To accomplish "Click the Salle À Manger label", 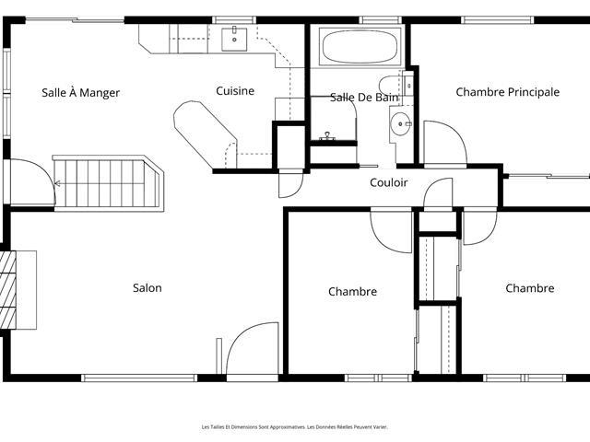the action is click(x=80, y=93).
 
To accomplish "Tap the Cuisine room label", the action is click(x=235, y=91).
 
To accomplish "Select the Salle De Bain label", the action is click(x=364, y=98).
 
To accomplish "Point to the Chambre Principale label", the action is click(x=508, y=92).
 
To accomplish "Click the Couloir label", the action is click(x=389, y=182).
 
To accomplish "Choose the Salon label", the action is click(x=147, y=288).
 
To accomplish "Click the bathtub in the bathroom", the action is click(x=360, y=47).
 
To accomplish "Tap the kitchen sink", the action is click(x=234, y=39).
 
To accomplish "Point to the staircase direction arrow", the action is click(x=57, y=184).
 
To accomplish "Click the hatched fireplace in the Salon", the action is click(x=8, y=290).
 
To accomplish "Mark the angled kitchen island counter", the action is click(x=205, y=134).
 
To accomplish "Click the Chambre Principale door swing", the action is click(x=445, y=143).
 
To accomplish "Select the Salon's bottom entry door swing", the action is click(x=253, y=348).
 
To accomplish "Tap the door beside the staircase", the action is click(x=33, y=182).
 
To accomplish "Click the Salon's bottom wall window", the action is click(x=139, y=378).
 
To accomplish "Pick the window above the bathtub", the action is click(x=380, y=20).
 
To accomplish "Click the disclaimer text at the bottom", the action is click(x=295, y=427).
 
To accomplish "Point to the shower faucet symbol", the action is click(x=327, y=136).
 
